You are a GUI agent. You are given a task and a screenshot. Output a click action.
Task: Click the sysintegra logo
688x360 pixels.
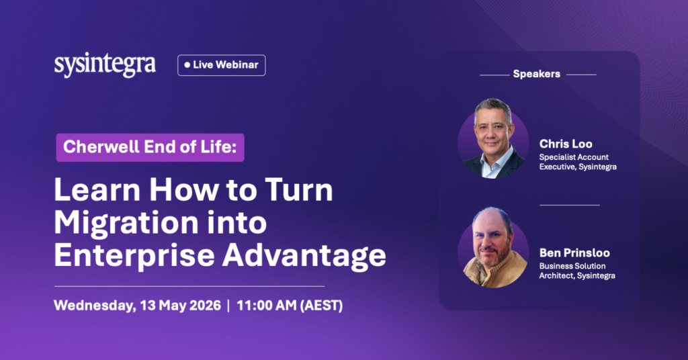click(x=105, y=65)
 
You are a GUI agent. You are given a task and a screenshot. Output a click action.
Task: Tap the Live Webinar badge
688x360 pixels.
click(x=222, y=65)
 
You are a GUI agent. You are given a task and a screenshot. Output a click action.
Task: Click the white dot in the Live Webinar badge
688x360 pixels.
click(x=187, y=65)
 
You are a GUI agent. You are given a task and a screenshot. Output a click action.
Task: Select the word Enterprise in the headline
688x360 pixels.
click(x=130, y=255)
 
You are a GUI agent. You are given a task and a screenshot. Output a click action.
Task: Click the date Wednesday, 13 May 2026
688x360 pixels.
click(x=137, y=305)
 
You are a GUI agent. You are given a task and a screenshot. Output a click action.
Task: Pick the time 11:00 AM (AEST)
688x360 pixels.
click(x=290, y=305)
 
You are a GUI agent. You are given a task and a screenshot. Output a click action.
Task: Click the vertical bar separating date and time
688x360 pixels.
click(x=228, y=305)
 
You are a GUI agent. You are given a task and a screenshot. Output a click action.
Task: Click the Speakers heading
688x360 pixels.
click(x=537, y=74)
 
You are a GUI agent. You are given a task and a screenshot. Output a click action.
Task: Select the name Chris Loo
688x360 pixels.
click(x=566, y=144)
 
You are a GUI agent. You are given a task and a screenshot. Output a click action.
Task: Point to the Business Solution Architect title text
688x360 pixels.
click(x=577, y=271)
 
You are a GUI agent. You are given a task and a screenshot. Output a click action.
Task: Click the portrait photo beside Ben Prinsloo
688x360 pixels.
click(x=493, y=247)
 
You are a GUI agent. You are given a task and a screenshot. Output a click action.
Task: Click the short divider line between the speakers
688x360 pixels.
click(x=570, y=205)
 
